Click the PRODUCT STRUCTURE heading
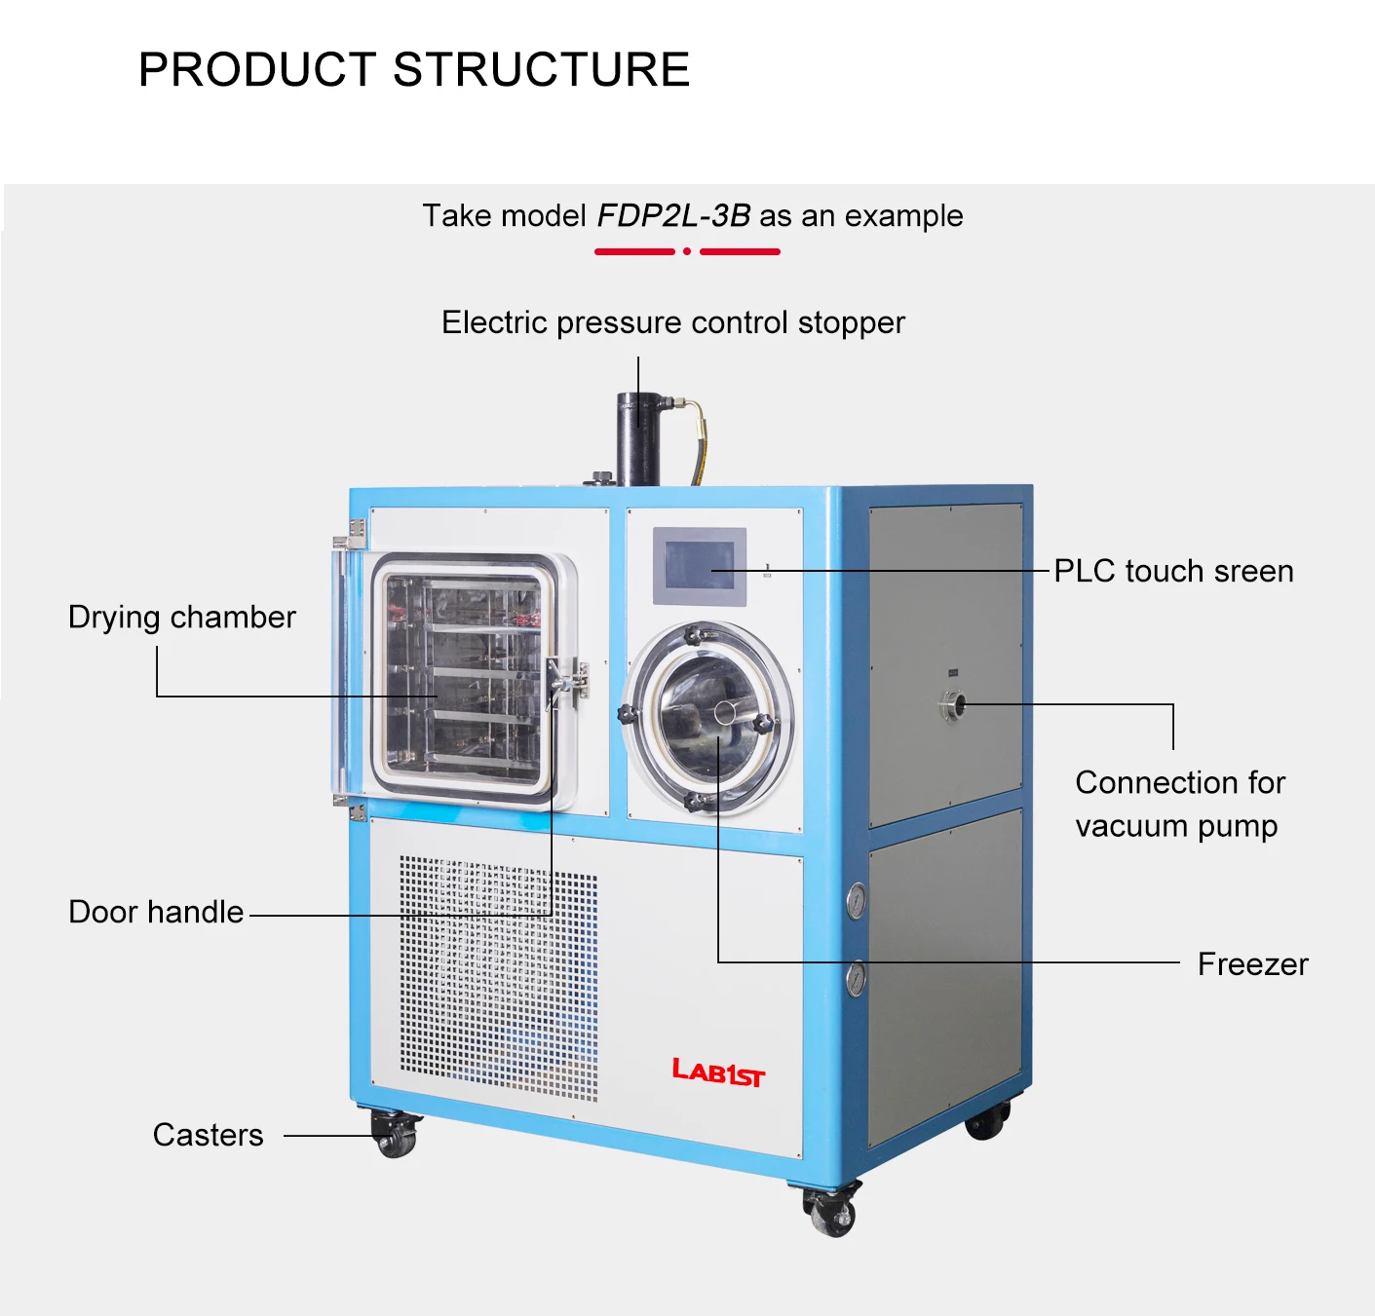coord(414,70)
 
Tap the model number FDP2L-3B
coord(673,215)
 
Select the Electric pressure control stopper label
coord(672,322)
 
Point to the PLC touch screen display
coord(700,566)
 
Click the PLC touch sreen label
coord(1173,571)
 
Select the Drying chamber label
coord(181,618)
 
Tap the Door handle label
coord(156,912)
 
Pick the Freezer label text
coord(1252,964)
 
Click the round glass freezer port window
coord(708,718)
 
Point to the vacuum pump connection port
coord(953,704)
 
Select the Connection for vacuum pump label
coord(1179,804)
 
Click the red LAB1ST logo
coord(718,1072)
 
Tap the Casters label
coord(208,1135)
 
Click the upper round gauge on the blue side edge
coord(857,901)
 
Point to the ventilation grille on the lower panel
coord(498,978)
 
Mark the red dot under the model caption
coord(687,251)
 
